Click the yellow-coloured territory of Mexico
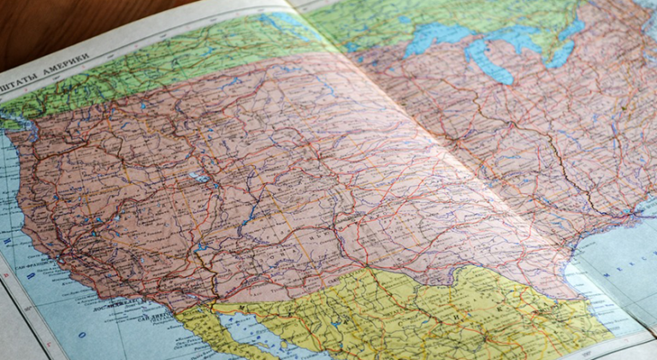411,316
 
